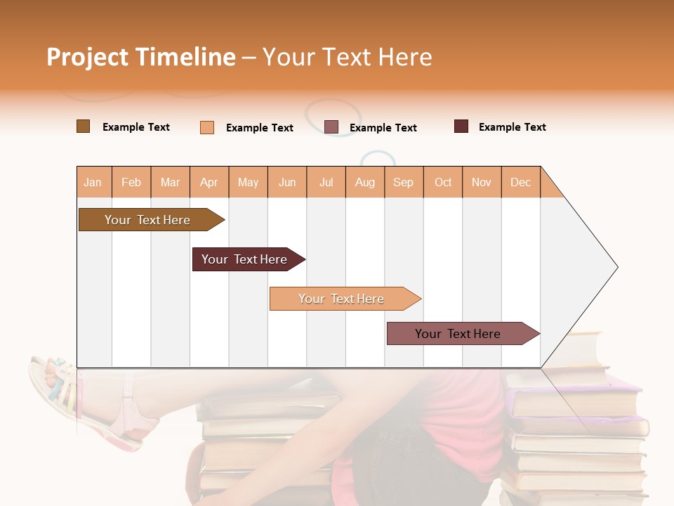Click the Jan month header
tap(93, 182)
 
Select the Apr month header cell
tap(209, 182)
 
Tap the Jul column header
tap(326, 182)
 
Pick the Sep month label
tap(404, 182)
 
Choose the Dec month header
tap(521, 182)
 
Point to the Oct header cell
tap(443, 182)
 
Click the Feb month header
tap(131, 182)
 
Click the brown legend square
tap(83, 126)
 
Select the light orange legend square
tap(207, 127)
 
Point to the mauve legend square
tap(331, 127)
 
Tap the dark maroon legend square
tap(461, 126)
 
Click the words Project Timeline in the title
tap(140, 57)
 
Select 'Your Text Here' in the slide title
tap(347, 57)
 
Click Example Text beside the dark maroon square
tap(512, 127)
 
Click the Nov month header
tap(482, 182)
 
